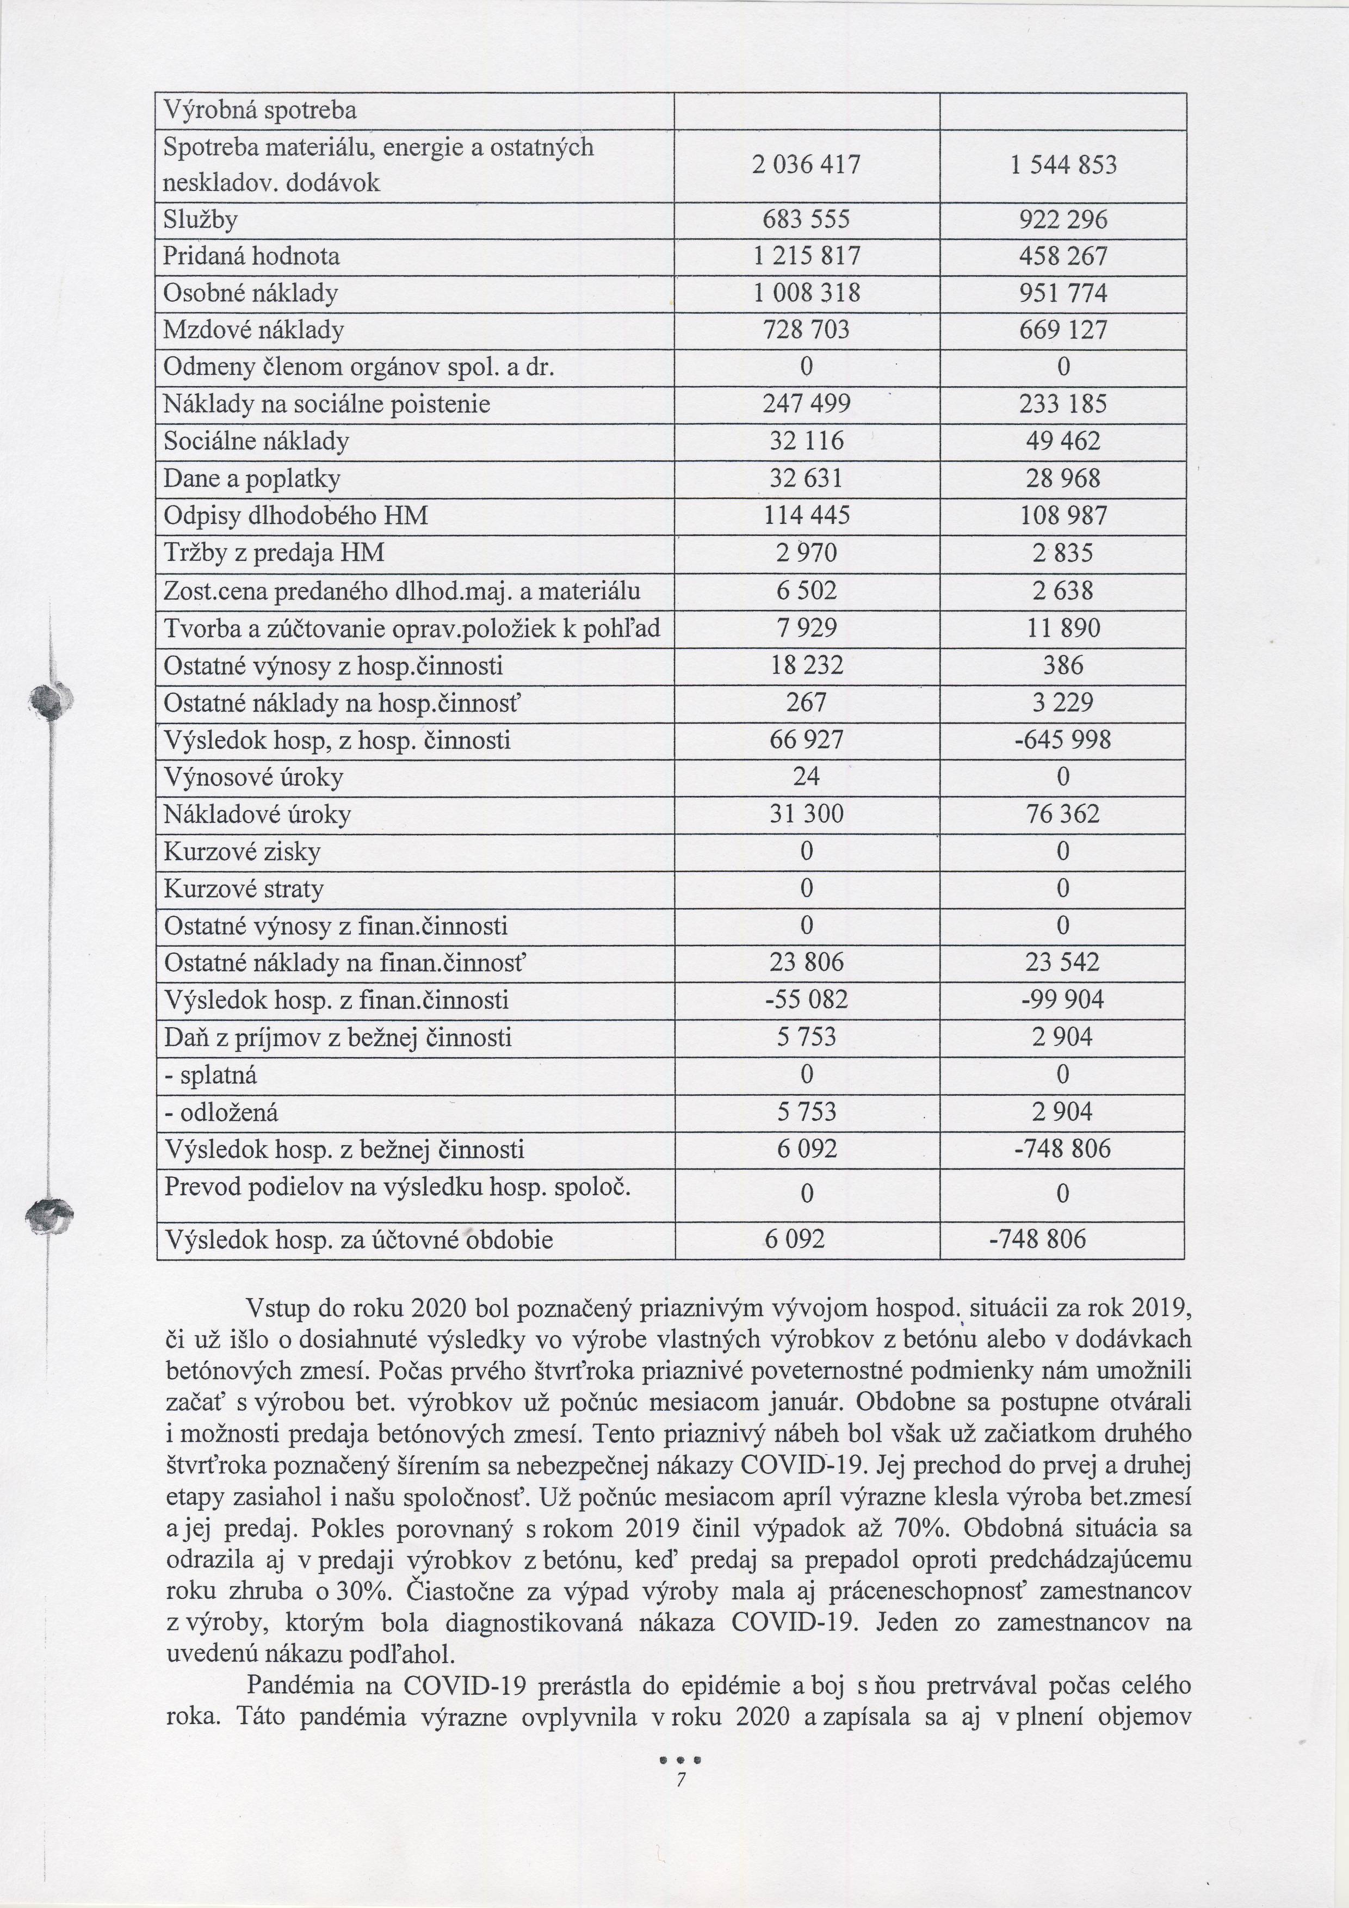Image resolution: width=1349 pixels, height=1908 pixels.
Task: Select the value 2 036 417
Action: point(806,165)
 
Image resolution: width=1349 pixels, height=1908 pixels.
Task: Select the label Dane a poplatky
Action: point(252,479)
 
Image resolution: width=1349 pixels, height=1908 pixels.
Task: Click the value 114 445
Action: point(806,516)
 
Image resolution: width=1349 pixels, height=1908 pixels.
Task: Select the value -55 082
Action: point(806,1000)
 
